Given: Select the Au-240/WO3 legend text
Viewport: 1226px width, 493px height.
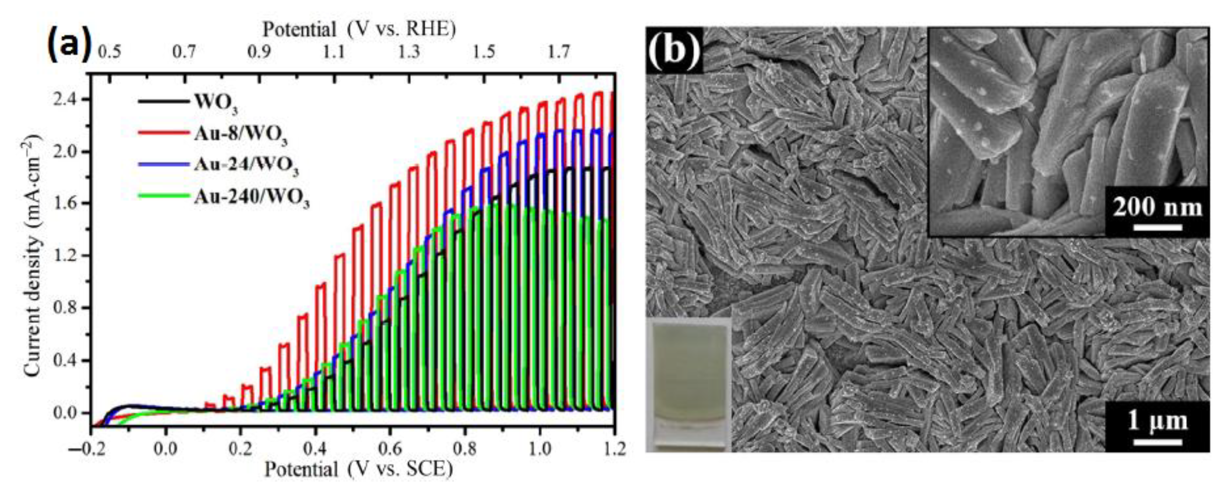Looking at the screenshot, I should pyautogui.click(x=252, y=199).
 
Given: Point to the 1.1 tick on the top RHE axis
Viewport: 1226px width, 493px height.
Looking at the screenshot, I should pyautogui.click(x=334, y=51).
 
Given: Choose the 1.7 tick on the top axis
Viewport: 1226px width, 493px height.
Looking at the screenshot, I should pyautogui.click(x=558, y=51).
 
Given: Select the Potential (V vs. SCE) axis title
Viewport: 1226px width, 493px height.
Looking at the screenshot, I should pyautogui.click(x=358, y=470).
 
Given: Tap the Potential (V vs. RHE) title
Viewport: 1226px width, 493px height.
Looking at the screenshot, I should pyautogui.click(x=359, y=30).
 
